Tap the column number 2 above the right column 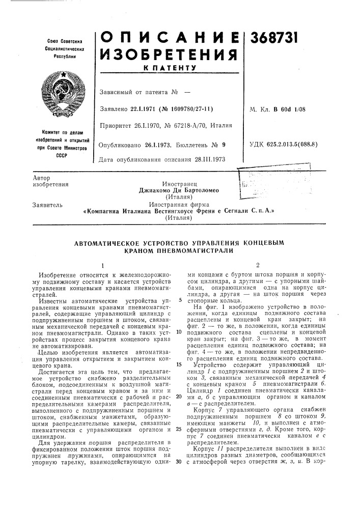tap(258, 266)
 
